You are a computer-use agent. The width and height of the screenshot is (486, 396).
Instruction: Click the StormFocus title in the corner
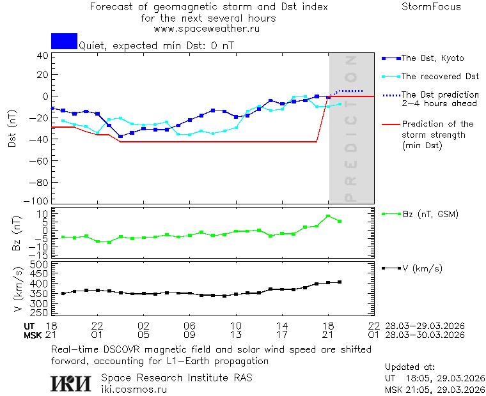431,7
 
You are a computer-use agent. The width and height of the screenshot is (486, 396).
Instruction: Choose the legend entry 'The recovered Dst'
440,77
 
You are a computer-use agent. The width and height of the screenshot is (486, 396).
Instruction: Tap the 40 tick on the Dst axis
43,56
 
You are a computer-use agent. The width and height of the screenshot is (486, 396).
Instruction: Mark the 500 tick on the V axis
40,264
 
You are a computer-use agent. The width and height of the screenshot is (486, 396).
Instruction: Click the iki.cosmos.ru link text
134,389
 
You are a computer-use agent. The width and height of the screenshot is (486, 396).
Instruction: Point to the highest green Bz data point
328,216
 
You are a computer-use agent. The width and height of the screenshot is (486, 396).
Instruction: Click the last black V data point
340,282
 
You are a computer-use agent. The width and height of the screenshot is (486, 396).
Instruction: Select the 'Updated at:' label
410,367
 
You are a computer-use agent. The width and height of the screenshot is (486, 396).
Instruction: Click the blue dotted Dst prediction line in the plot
349,91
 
